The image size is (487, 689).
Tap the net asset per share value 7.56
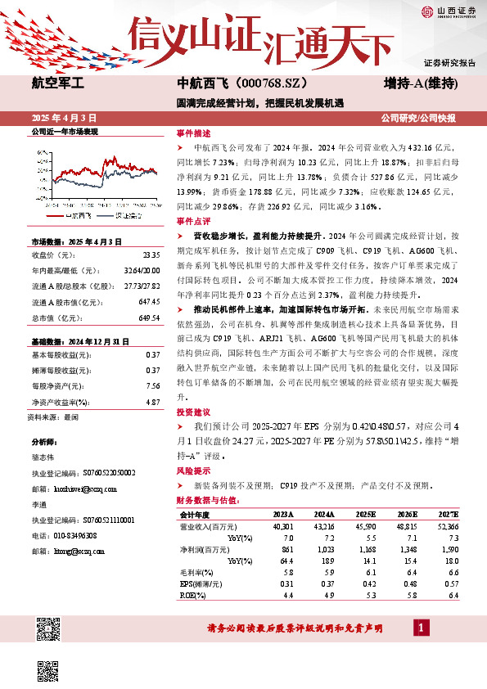(x=152, y=385)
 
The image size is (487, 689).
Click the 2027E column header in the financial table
(x=449, y=515)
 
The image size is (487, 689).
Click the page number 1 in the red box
(x=420, y=628)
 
